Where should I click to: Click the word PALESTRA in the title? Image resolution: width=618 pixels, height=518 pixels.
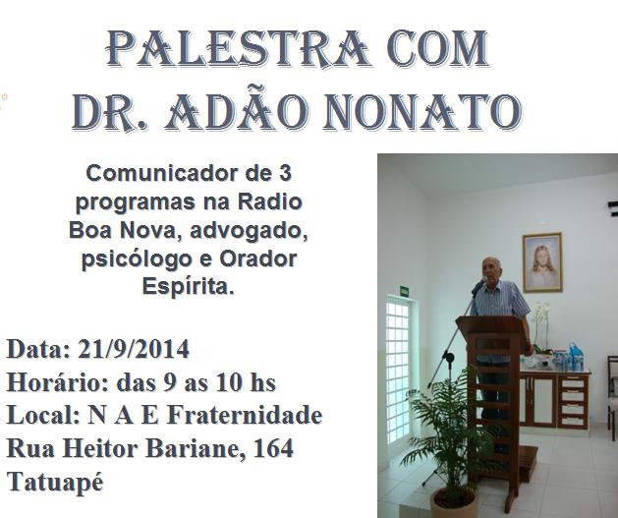click(x=237, y=48)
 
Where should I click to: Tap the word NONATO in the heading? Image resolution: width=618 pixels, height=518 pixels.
click(x=422, y=112)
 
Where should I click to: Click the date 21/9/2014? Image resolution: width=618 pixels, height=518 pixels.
click(x=134, y=349)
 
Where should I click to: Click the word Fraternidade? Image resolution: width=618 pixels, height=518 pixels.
click(x=245, y=415)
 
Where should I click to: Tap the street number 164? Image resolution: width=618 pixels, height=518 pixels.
click(x=273, y=448)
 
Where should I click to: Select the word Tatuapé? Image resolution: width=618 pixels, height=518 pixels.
click(x=55, y=483)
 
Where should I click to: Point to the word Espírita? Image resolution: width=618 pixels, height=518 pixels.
click(x=188, y=287)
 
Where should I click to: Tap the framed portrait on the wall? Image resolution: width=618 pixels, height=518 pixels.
click(x=542, y=262)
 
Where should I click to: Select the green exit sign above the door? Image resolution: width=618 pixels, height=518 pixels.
click(x=405, y=291)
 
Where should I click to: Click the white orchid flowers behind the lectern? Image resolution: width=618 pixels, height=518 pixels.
click(x=540, y=316)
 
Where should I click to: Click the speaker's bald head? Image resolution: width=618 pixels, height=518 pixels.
click(x=491, y=266)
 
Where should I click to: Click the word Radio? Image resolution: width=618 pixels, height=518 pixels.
click(x=270, y=202)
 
